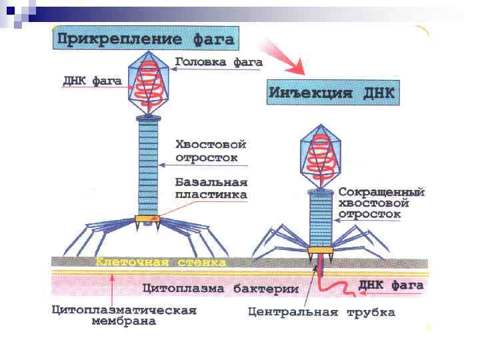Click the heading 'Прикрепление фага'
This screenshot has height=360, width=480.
coord(146,39)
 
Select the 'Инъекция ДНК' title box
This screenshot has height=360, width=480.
coord(332,93)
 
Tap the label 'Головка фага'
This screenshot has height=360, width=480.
coord(219,62)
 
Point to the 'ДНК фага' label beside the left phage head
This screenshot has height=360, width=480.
coord(92,81)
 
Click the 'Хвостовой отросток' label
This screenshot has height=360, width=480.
coord(211,151)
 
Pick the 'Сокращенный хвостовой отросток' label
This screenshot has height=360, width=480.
coord(381,203)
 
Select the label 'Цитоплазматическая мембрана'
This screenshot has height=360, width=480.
coord(124,316)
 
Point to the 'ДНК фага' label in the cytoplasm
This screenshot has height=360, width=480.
coord(391,285)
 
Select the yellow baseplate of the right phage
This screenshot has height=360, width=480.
coord(320,250)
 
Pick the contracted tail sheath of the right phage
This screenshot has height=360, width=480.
coord(320,217)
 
